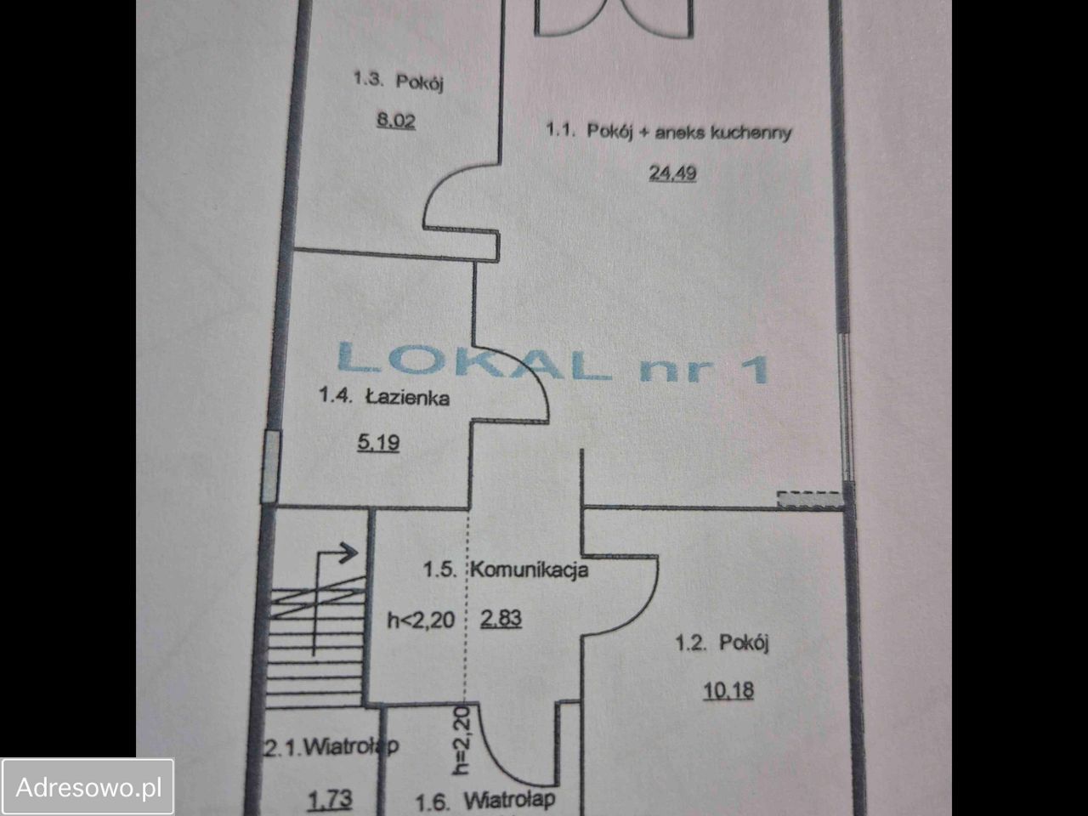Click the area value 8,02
coord(396,121)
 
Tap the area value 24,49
coord(672,173)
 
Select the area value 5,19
coord(378,443)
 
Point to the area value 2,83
coord(501,618)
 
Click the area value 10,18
coord(728,690)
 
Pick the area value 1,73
coord(330,800)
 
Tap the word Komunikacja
coord(530,569)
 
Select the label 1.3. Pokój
coord(398,81)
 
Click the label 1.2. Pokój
coord(722,643)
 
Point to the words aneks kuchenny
coord(723,133)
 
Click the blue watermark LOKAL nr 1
coord(552,363)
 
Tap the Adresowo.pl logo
coord(88,787)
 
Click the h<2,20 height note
coord(421,620)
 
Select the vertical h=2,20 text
coord(461,740)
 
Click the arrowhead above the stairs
coord(350,552)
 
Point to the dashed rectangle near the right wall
coord(809,499)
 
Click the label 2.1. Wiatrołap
coord(330,747)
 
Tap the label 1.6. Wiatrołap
coord(484,801)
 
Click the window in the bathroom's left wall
coord(270,467)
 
